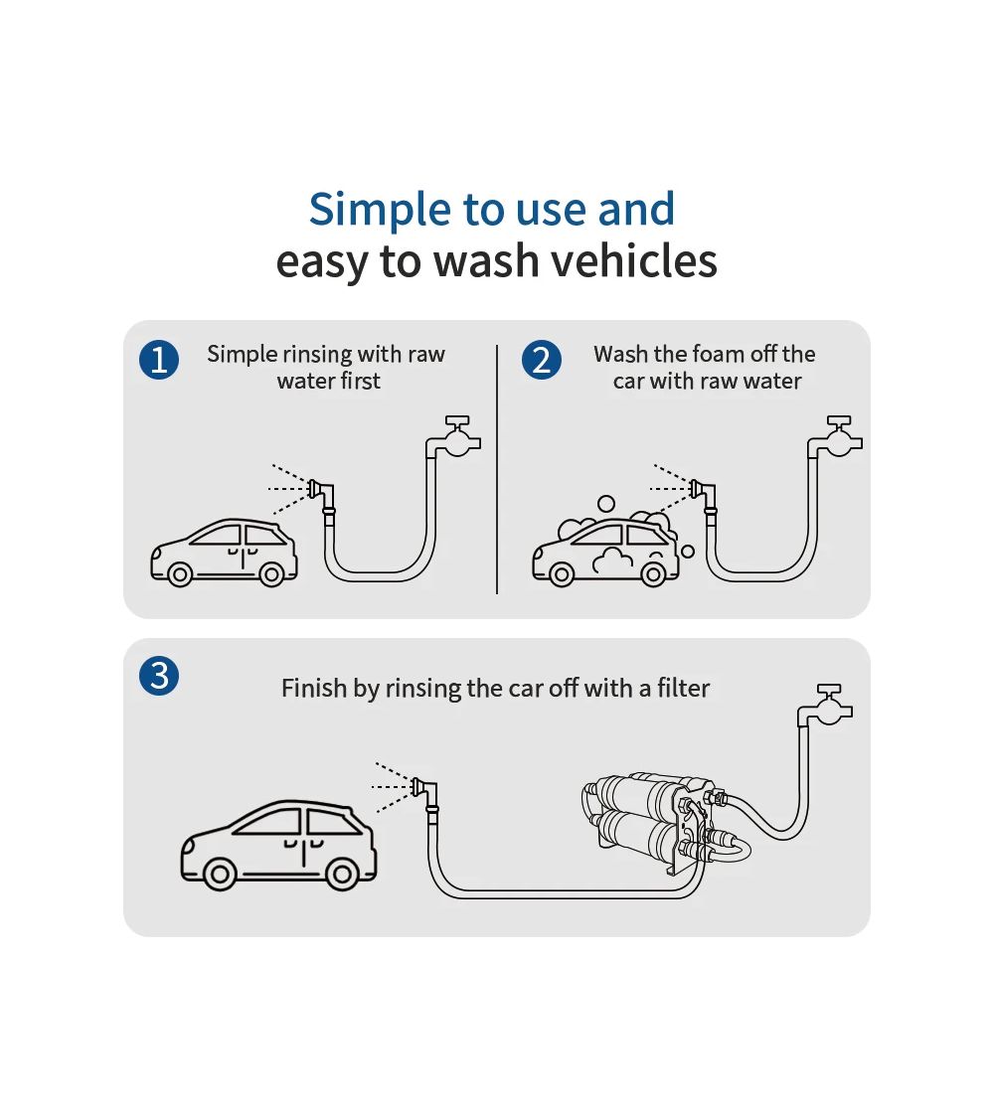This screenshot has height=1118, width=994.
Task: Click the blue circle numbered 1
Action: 159,360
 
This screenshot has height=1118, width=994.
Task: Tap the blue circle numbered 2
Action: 542,360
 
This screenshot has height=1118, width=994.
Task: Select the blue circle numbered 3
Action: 159,677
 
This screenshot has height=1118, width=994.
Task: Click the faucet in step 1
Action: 457,437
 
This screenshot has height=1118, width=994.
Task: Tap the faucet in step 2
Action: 839,437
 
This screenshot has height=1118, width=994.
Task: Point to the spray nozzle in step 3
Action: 424,788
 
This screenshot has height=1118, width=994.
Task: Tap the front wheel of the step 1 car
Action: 180,573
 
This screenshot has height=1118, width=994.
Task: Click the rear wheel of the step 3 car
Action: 341,874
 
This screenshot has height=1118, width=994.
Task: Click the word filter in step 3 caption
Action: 683,688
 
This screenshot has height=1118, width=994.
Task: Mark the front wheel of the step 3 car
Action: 220,874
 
